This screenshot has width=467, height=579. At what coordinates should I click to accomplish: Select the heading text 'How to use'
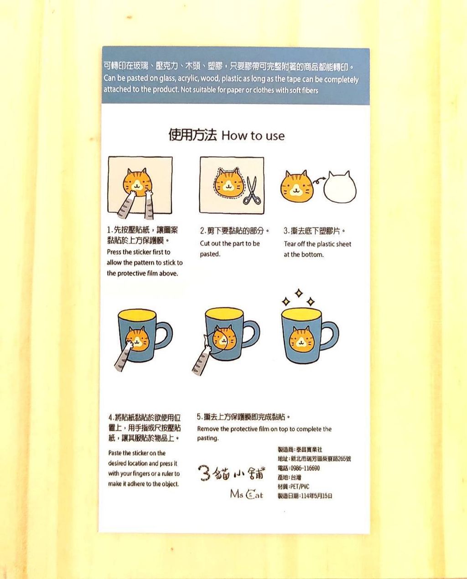253,136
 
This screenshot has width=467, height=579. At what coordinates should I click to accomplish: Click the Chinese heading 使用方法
192,135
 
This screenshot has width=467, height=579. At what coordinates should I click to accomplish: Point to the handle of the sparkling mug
330,336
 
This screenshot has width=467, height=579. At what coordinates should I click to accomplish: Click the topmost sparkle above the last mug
299,293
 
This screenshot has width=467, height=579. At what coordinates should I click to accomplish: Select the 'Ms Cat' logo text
247,494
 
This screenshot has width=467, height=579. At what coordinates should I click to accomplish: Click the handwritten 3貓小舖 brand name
232,473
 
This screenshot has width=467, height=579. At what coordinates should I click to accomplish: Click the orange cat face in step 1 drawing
137,182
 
